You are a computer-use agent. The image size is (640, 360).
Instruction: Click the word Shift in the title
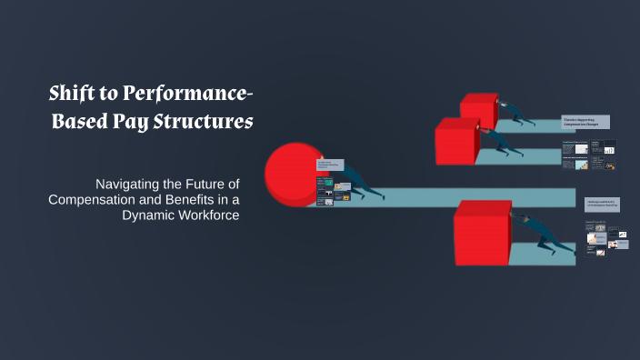[72, 92]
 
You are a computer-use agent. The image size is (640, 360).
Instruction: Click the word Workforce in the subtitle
[210, 216]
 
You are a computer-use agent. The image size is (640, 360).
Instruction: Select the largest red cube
[484, 233]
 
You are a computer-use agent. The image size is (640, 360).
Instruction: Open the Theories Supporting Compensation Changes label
[585, 123]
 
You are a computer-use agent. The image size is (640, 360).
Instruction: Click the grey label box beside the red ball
[330, 165]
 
